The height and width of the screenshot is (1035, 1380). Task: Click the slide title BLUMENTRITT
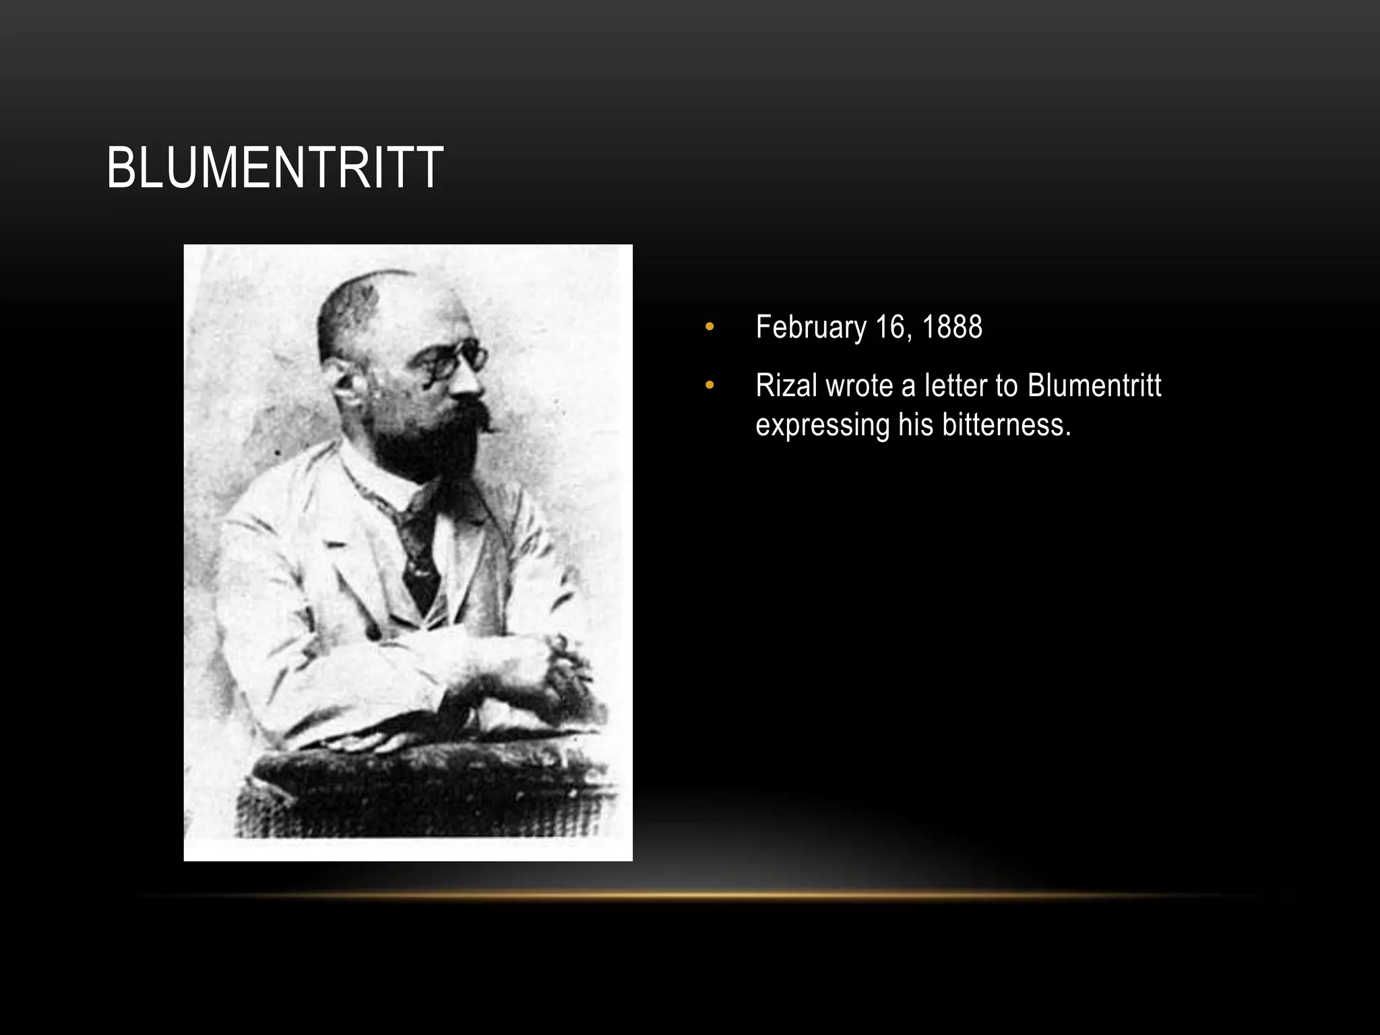(x=274, y=168)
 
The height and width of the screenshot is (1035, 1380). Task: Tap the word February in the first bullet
(x=811, y=327)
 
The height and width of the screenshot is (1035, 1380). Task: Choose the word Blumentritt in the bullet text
(x=1094, y=385)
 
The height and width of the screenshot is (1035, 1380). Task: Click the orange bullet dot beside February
(x=709, y=328)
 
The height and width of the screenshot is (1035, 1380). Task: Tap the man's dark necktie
(x=419, y=553)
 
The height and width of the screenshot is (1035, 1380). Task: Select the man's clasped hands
(x=539, y=667)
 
